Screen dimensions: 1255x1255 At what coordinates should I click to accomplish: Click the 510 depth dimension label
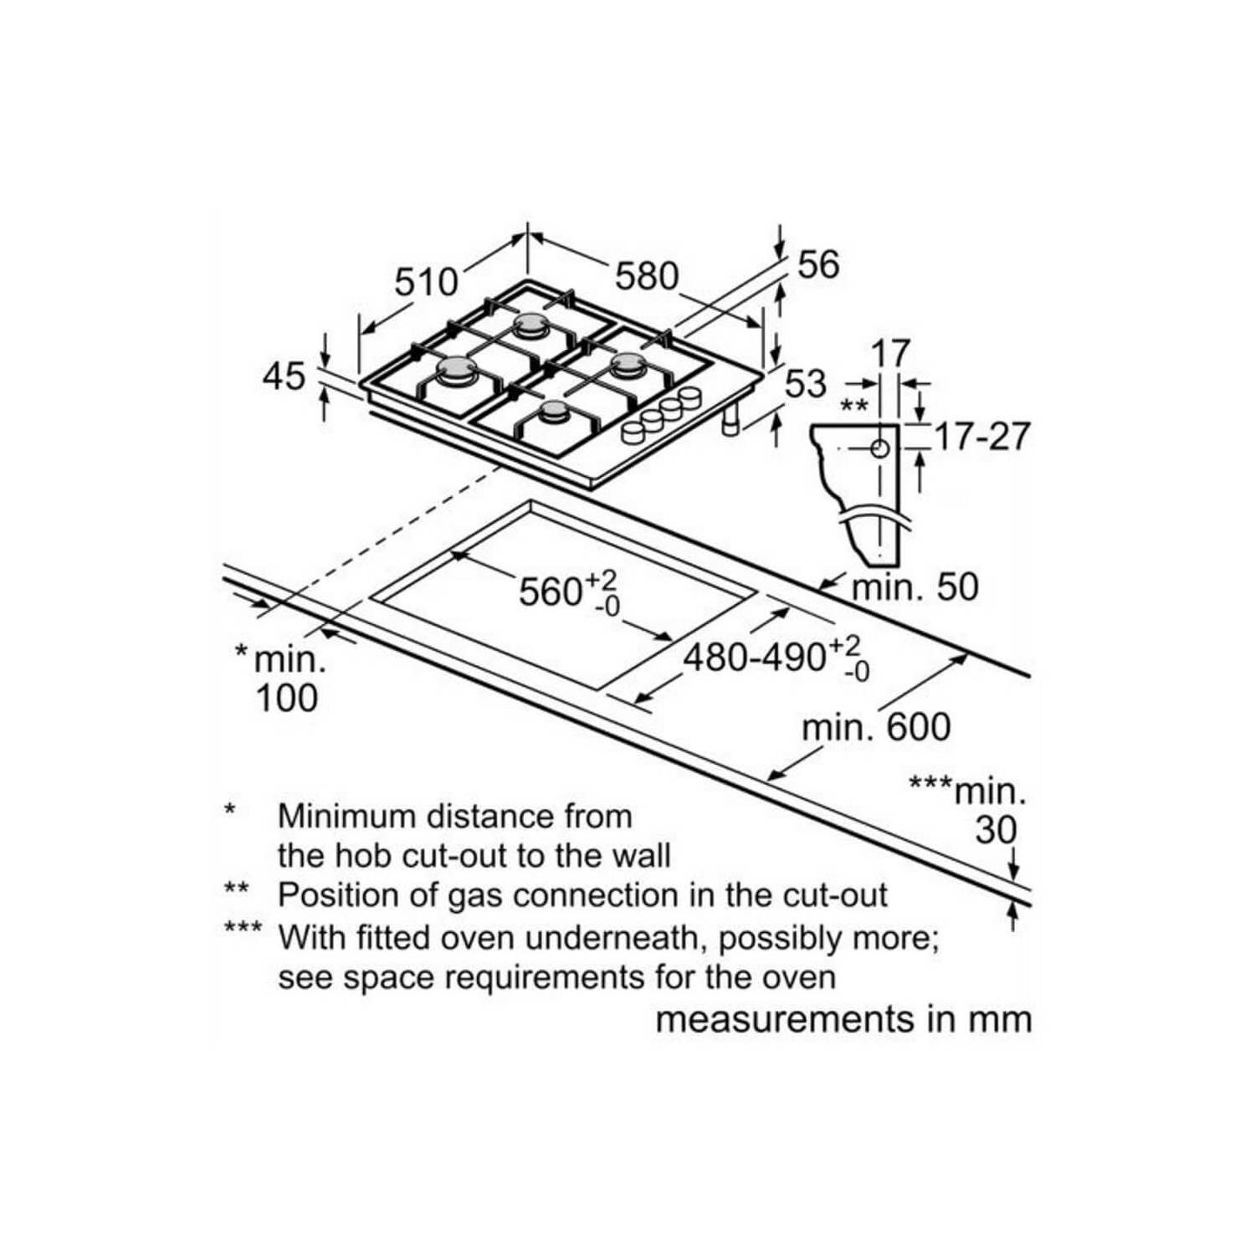427,282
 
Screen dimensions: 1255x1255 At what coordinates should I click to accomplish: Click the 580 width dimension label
647,276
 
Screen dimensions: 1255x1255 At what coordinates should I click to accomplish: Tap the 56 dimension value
817,264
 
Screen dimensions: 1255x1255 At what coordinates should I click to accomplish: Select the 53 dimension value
806,384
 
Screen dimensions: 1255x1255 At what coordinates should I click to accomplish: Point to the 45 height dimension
284,376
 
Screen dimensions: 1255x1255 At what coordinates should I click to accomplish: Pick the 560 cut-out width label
568,591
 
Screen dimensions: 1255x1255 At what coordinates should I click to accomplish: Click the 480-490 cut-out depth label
776,657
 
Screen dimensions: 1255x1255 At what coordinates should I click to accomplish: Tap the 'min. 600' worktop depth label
876,727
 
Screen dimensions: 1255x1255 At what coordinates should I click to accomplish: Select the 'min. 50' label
914,587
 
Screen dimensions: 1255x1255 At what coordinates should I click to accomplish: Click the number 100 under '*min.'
286,698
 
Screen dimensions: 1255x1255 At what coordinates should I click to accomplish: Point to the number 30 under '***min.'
996,830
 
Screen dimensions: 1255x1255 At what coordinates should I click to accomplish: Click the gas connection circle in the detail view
879,448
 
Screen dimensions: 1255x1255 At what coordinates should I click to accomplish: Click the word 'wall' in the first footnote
640,855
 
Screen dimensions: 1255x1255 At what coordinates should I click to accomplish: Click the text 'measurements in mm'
843,1020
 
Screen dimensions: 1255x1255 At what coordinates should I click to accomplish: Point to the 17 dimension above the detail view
890,354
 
